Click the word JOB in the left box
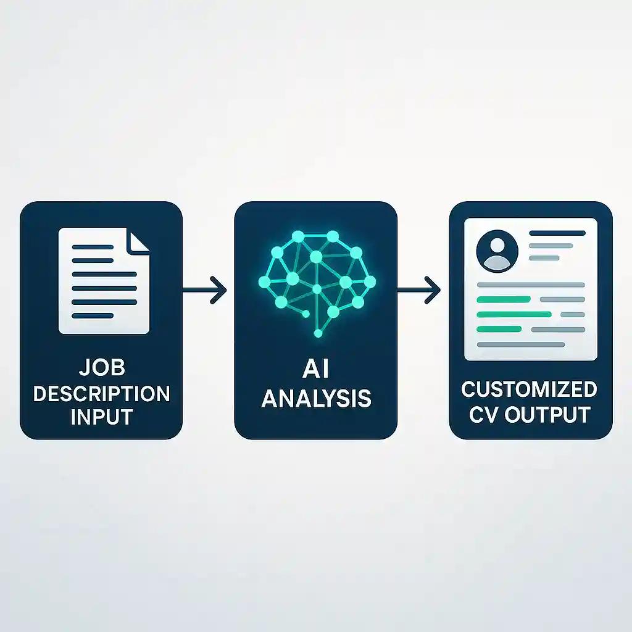coord(101,369)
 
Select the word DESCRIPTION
coord(101,393)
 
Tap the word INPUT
coord(101,417)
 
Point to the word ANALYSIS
coord(316,398)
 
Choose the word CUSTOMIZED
coord(530,389)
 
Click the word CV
coord(484,414)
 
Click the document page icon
coord(104,281)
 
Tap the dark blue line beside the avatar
coord(557,233)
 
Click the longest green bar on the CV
coord(515,314)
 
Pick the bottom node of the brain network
coord(318,334)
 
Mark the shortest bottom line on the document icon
coord(93,315)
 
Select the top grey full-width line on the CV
coord(531,285)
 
